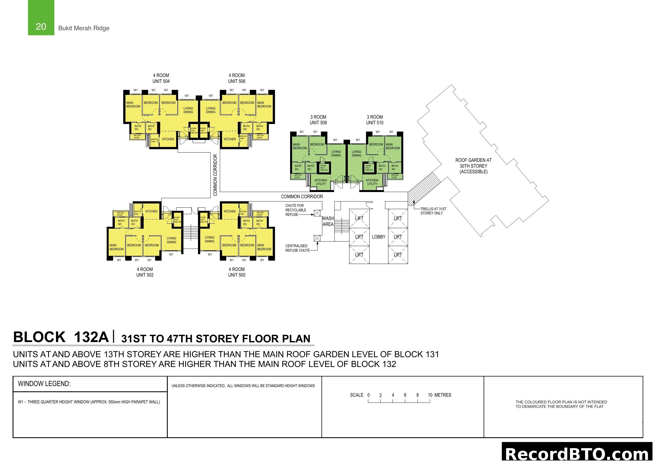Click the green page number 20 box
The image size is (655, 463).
(x=41, y=18)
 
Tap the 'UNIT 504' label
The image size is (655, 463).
(x=161, y=81)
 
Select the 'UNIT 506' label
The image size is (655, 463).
(x=237, y=81)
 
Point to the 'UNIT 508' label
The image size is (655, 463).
(x=318, y=123)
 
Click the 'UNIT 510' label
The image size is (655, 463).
(x=375, y=123)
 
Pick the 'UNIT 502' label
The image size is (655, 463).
(x=144, y=275)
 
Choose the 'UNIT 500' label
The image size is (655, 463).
(x=237, y=275)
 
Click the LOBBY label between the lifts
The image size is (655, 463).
(x=379, y=237)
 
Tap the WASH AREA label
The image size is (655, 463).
(x=328, y=221)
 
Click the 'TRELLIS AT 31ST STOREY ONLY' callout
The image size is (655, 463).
(x=433, y=211)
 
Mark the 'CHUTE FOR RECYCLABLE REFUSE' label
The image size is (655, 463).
(x=295, y=210)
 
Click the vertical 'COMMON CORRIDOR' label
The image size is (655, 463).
(x=215, y=175)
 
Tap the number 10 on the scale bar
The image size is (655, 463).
(x=430, y=395)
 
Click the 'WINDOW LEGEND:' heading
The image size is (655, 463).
(x=44, y=384)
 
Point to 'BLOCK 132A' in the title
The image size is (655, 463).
(x=61, y=337)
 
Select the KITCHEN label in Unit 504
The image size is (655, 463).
(x=168, y=139)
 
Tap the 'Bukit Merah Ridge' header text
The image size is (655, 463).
(x=83, y=28)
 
